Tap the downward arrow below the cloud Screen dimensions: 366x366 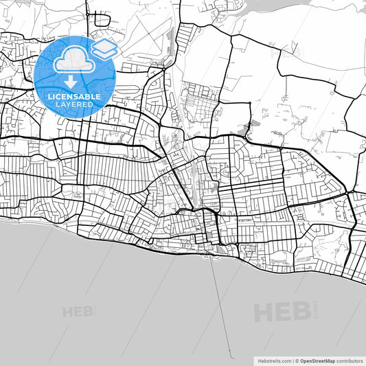click(71, 82)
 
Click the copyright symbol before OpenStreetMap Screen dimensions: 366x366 click(297, 360)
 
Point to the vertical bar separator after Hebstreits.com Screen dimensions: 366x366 click(292, 360)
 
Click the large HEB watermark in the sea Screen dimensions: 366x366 click(282, 312)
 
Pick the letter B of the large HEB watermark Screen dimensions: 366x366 click(300, 312)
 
